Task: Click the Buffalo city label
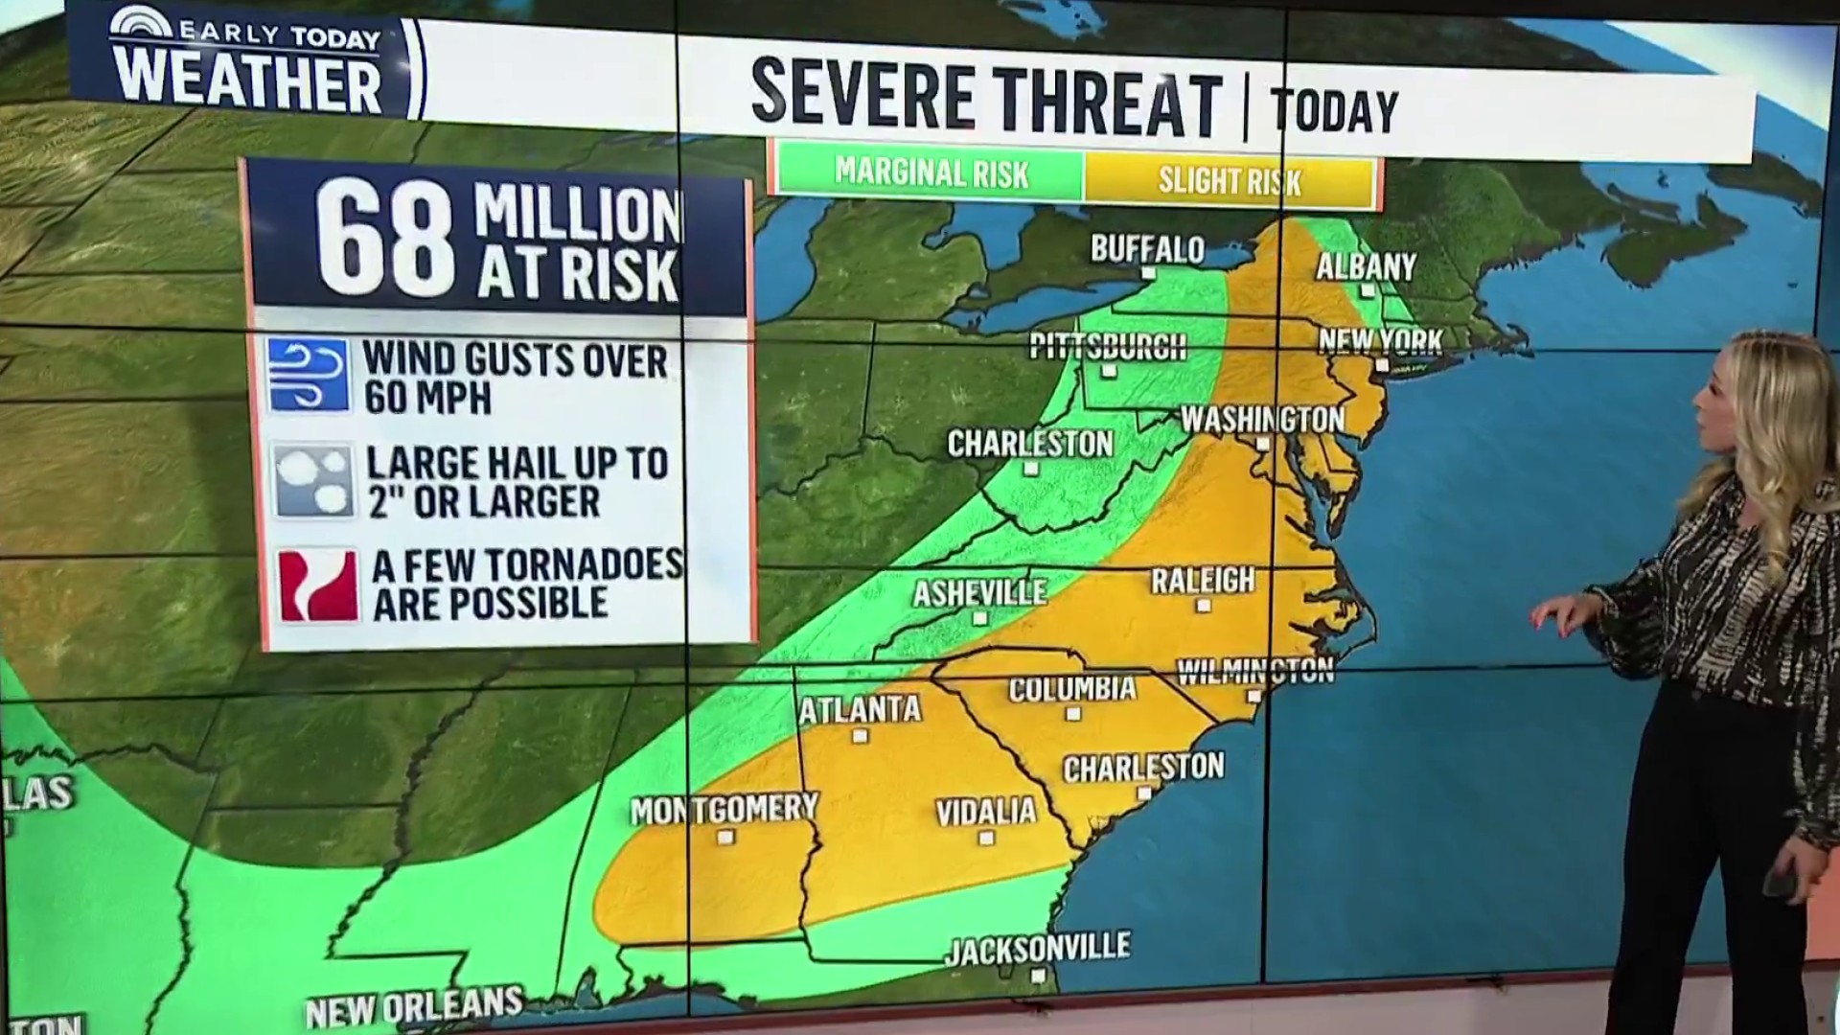pyautogui.click(x=1147, y=250)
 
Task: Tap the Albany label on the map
pyautogui.click(x=1366, y=266)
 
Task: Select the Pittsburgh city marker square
pyautogui.click(x=1109, y=371)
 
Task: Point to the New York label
pyautogui.click(x=1380, y=341)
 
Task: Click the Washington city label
pyautogui.click(x=1262, y=420)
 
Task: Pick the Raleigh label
pyautogui.click(x=1203, y=581)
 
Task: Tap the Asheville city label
pyautogui.click(x=979, y=593)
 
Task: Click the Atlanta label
pyautogui.click(x=860, y=710)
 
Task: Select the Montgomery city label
pyautogui.click(x=724, y=810)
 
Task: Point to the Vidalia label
pyautogui.click(x=986, y=813)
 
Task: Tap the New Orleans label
pyautogui.click(x=414, y=1007)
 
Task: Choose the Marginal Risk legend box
pyautogui.click(x=930, y=173)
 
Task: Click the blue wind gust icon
pyautogui.click(x=308, y=375)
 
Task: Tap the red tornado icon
pyautogui.click(x=318, y=586)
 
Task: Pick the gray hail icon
pyautogui.click(x=313, y=480)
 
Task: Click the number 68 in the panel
pyautogui.click(x=385, y=241)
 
